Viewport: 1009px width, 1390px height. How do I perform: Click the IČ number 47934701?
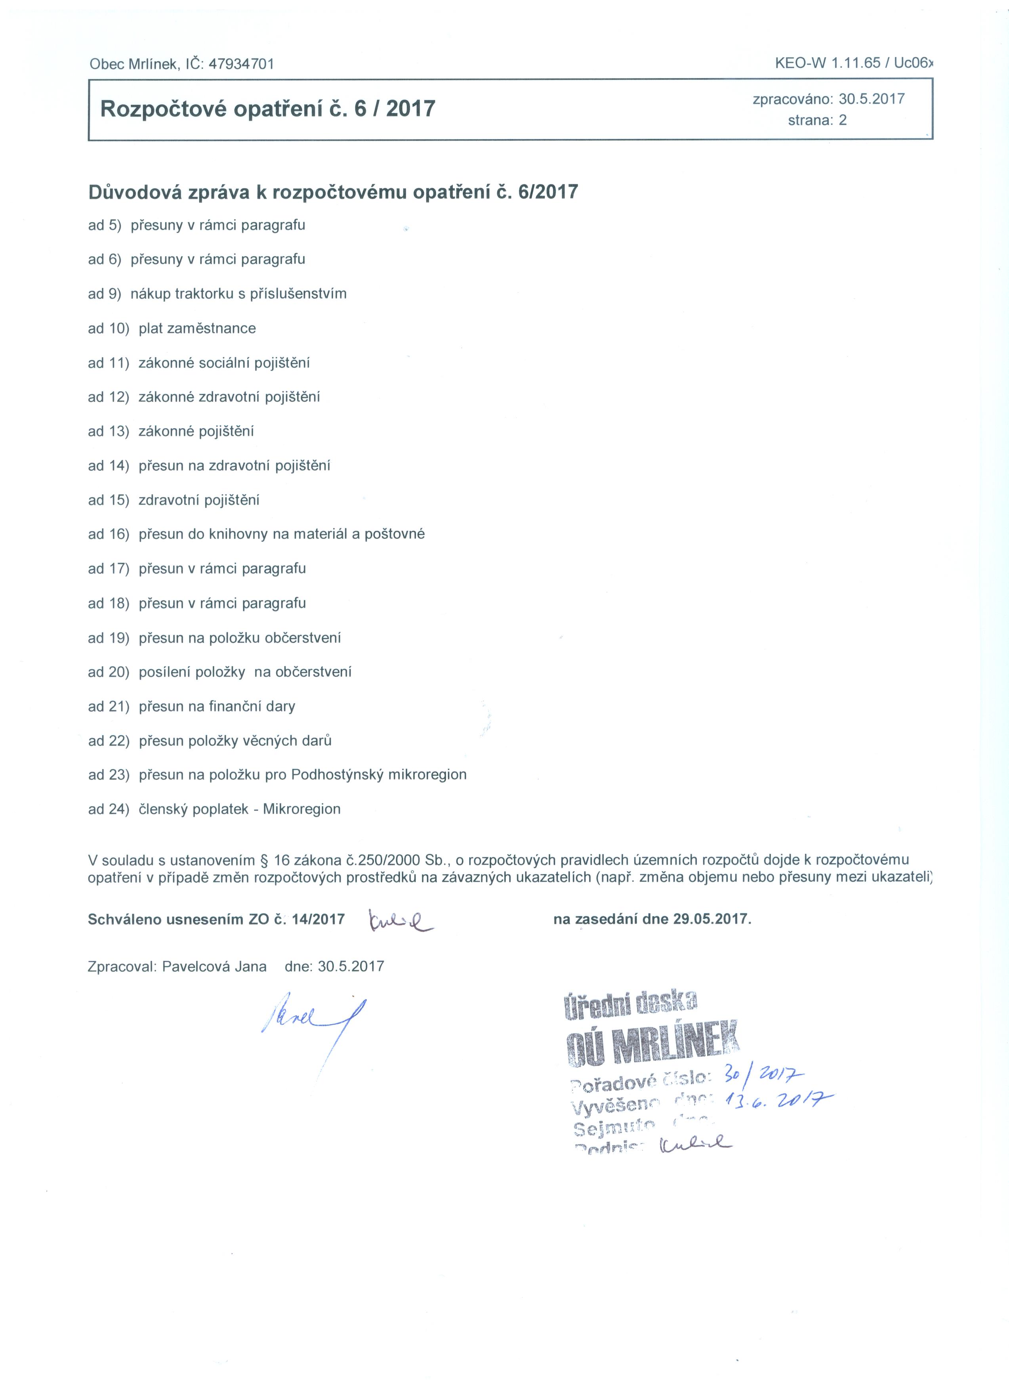point(241,64)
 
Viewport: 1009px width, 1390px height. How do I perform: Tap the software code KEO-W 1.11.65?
point(827,63)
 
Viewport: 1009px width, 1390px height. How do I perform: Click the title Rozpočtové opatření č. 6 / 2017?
point(268,109)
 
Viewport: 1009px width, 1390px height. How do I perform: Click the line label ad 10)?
point(109,329)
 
